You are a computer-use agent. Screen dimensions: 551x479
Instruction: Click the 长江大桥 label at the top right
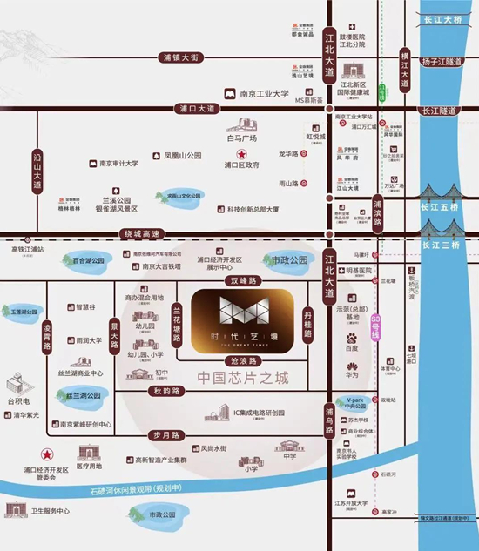pos(442,20)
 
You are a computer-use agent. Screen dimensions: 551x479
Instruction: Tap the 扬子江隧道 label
pos(442,62)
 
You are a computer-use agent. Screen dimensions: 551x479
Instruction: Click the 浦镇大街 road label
pos(181,57)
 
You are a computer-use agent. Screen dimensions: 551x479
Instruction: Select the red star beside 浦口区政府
pos(241,153)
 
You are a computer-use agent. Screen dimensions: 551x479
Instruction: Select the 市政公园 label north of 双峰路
pos(287,259)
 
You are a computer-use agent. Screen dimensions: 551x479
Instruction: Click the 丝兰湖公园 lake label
pos(84,394)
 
